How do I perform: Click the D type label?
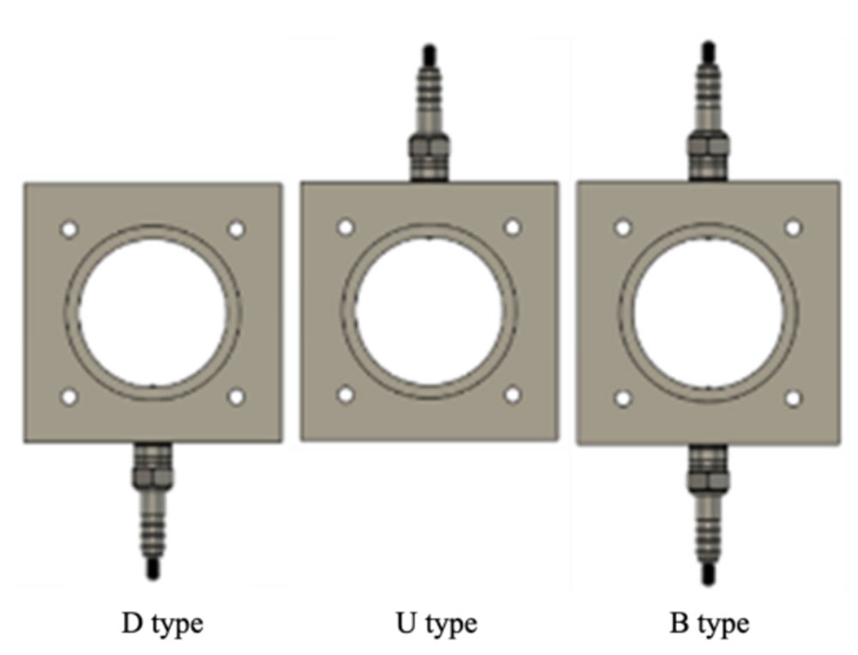[x=162, y=624]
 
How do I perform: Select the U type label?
[x=436, y=624]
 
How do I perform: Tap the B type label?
[x=710, y=624]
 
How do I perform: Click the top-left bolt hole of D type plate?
[x=69, y=229]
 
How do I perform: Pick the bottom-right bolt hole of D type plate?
[x=237, y=397]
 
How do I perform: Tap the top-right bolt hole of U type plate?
[x=513, y=227]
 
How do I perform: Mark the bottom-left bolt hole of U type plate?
[x=345, y=395]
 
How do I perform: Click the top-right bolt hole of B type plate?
[x=793, y=227]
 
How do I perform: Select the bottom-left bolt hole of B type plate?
[x=623, y=398]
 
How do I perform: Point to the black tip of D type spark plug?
[x=154, y=569]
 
